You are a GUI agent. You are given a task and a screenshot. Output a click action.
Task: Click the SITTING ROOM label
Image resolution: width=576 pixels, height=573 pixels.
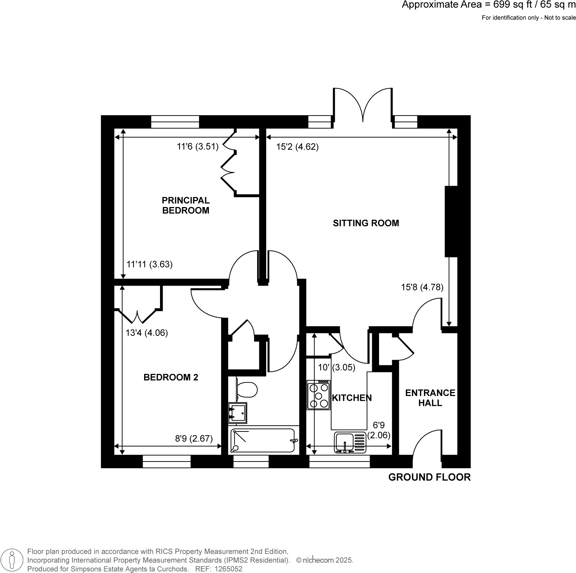pyautogui.click(x=366, y=223)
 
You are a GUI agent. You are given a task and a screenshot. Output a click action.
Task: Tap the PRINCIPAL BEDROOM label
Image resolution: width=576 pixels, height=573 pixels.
pyautogui.click(x=185, y=205)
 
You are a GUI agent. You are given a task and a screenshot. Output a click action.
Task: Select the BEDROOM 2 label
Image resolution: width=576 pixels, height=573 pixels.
pyautogui.click(x=171, y=378)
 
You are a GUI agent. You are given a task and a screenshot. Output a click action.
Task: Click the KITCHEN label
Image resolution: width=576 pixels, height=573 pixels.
pyautogui.click(x=352, y=398)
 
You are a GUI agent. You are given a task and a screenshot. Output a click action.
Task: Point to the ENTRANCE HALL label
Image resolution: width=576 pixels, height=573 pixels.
pyautogui.click(x=430, y=398)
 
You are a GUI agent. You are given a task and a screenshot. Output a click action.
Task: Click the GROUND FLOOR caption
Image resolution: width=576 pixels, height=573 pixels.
pyautogui.click(x=429, y=477)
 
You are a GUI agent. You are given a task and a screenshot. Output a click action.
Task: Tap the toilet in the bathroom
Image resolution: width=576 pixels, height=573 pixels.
pyautogui.click(x=247, y=390)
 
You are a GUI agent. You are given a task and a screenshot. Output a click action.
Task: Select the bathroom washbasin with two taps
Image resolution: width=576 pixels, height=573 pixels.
pyautogui.click(x=237, y=413)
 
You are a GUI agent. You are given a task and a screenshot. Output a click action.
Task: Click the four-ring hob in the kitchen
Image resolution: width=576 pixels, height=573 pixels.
pyautogui.click(x=319, y=395)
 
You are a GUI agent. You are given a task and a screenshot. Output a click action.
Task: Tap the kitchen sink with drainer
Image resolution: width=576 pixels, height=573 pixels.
pyautogui.click(x=350, y=442)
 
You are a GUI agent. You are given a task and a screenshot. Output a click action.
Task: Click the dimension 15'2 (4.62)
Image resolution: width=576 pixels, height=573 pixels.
pyautogui.click(x=297, y=147)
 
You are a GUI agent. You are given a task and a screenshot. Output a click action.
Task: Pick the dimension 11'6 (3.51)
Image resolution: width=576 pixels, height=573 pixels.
pyautogui.click(x=198, y=147)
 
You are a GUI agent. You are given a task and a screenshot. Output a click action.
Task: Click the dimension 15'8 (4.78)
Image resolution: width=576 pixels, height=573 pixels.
pyautogui.click(x=422, y=287)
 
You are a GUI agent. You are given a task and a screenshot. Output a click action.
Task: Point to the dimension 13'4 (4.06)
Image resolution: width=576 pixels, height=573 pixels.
pyautogui.click(x=147, y=333)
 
